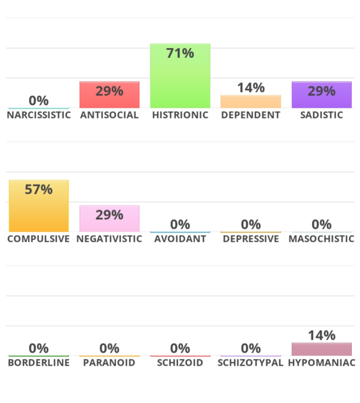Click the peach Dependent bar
pyautogui.click(x=251, y=102)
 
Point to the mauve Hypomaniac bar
pyautogui.click(x=321, y=349)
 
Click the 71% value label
pyautogui.click(x=180, y=53)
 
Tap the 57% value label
pyautogui.click(x=39, y=190)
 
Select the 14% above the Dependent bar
pyautogui.click(x=251, y=88)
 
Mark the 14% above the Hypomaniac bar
pyautogui.click(x=321, y=336)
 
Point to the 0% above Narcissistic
pyautogui.click(x=39, y=101)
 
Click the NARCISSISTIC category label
pyautogui.click(x=39, y=115)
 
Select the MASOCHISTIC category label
pyautogui.click(x=321, y=239)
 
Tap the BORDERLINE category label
pyautogui.click(x=39, y=363)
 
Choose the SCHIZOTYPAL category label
pyautogui.click(x=251, y=363)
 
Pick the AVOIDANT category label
pyautogui.click(x=180, y=239)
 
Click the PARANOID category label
pyautogui.click(x=109, y=363)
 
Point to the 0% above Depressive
pyautogui.click(x=251, y=225)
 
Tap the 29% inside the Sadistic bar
pyautogui.click(x=321, y=91)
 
